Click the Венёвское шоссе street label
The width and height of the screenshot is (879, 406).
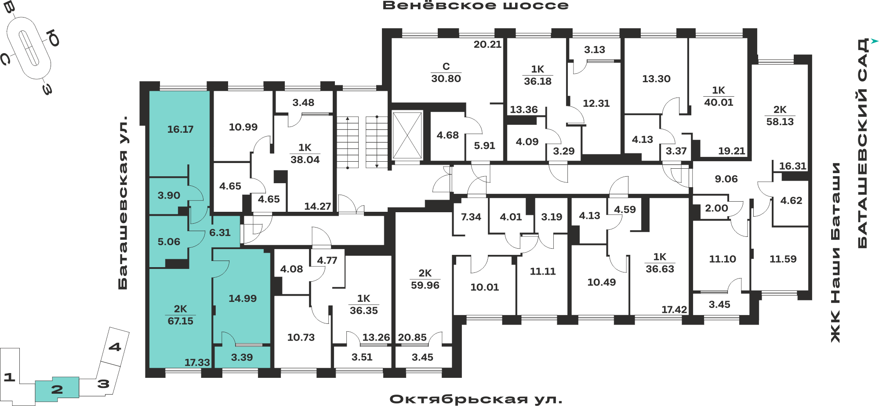476,6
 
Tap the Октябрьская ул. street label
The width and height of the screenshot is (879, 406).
476,399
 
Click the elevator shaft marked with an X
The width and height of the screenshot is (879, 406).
407,135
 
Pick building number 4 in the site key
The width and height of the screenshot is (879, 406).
115,347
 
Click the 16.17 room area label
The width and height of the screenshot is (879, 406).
180,129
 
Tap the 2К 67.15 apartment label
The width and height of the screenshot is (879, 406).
180,315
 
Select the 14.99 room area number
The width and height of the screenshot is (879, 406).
243,298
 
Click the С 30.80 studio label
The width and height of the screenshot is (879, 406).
446,72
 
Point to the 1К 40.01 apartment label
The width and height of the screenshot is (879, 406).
719,96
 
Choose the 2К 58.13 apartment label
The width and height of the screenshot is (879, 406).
780,116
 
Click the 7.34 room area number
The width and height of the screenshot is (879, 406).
471,217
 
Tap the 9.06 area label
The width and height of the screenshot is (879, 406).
726,179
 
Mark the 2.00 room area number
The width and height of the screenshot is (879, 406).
716,208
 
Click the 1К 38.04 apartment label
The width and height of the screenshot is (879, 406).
305,153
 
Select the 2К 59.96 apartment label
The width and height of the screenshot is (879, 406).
425,279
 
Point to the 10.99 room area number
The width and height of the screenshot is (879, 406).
243,127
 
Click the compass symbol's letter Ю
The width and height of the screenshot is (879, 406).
54,38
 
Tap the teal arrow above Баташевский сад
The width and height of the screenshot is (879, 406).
875,41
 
